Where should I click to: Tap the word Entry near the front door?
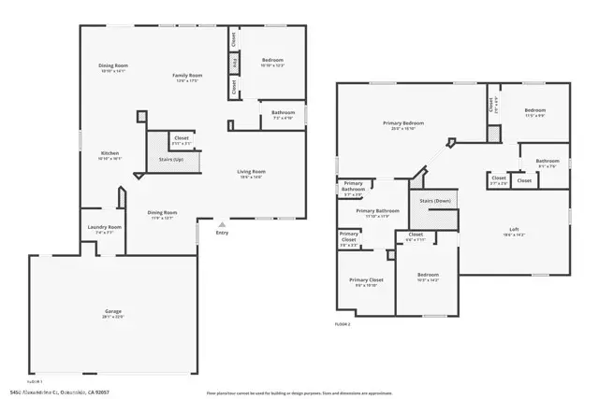pos(222,233)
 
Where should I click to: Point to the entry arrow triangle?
pos(222,224)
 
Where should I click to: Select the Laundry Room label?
pos(104,227)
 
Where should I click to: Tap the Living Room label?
pos(251,172)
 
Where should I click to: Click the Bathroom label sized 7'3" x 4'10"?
pos(283,113)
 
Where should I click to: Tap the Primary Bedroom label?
pos(403,123)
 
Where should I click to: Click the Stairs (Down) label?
pos(435,201)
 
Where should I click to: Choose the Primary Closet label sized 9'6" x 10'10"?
pos(366,279)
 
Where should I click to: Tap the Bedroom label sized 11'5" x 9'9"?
pos(535,110)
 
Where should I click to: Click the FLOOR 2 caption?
pos(343,324)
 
